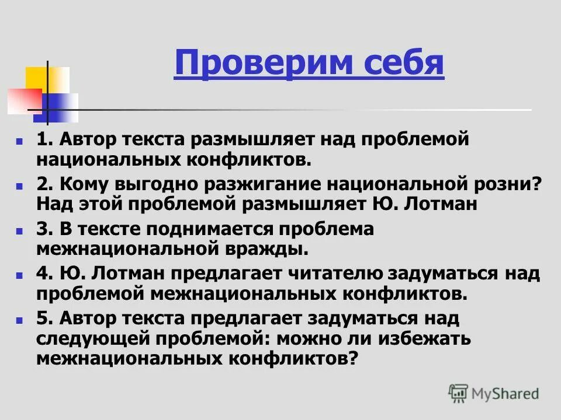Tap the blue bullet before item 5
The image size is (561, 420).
point(19,320)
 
